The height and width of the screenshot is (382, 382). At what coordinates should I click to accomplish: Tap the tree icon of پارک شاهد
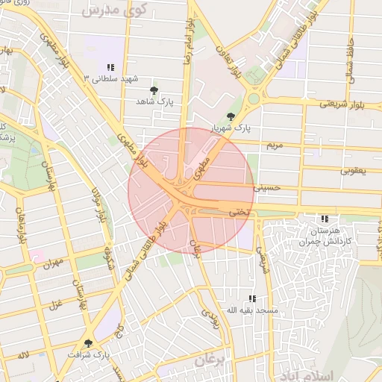click(154, 90)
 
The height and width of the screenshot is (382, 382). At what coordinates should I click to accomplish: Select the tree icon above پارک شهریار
click(231, 116)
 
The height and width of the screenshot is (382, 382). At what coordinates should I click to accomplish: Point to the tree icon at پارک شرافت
click(88, 343)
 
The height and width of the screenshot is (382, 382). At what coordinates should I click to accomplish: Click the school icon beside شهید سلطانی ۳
click(111, 67)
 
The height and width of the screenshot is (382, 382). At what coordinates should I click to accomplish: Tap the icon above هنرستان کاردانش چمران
click(325, 219)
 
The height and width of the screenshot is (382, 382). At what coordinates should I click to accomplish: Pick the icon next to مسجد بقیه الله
click(252, 298)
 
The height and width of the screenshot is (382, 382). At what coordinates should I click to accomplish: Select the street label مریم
click(276, 144)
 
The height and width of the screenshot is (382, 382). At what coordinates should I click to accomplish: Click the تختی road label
click(239, 212)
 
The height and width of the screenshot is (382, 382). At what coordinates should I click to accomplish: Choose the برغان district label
click(210, 360)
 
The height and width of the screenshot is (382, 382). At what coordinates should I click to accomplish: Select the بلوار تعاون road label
click(229, 63)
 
